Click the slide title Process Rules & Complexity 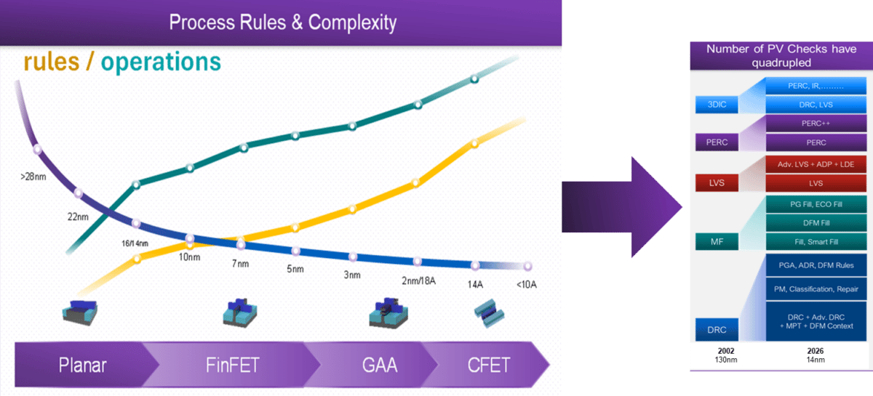coord(282,22)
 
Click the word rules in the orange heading coord(51,62)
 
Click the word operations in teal coord(161,62)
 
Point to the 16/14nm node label coord(136,243)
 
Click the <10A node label coord(526,284)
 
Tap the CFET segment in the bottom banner coord(489,364)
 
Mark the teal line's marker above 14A coord(474,78)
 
